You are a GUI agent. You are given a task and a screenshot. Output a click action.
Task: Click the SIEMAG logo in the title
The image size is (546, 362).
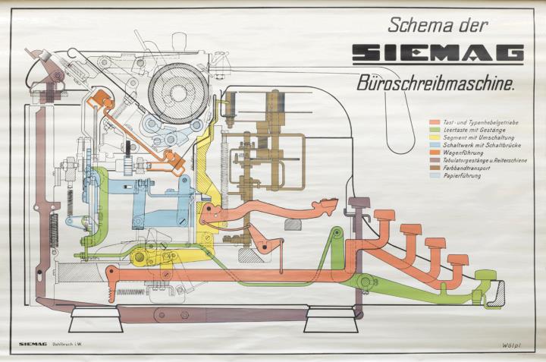438,53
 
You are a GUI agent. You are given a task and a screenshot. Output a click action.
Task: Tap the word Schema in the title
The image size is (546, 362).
416,24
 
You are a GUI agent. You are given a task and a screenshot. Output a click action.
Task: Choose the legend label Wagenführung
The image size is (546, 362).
460,150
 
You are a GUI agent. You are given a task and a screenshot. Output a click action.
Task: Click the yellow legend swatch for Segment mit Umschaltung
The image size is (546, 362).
434,141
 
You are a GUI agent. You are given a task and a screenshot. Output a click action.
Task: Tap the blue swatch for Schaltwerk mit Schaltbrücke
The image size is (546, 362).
434,150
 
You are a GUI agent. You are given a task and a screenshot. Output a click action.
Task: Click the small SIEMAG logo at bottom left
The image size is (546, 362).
34,344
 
